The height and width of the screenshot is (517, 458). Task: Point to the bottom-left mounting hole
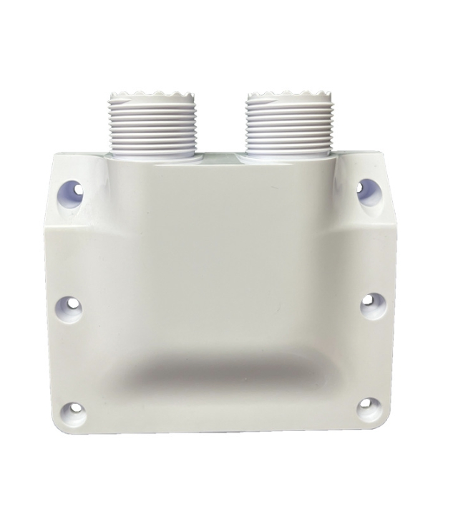coord(74,412)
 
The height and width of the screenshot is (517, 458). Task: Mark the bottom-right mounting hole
coord(369,409)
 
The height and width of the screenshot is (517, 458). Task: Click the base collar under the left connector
coord(153,155)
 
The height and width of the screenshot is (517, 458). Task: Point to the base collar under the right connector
coord(286,155)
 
